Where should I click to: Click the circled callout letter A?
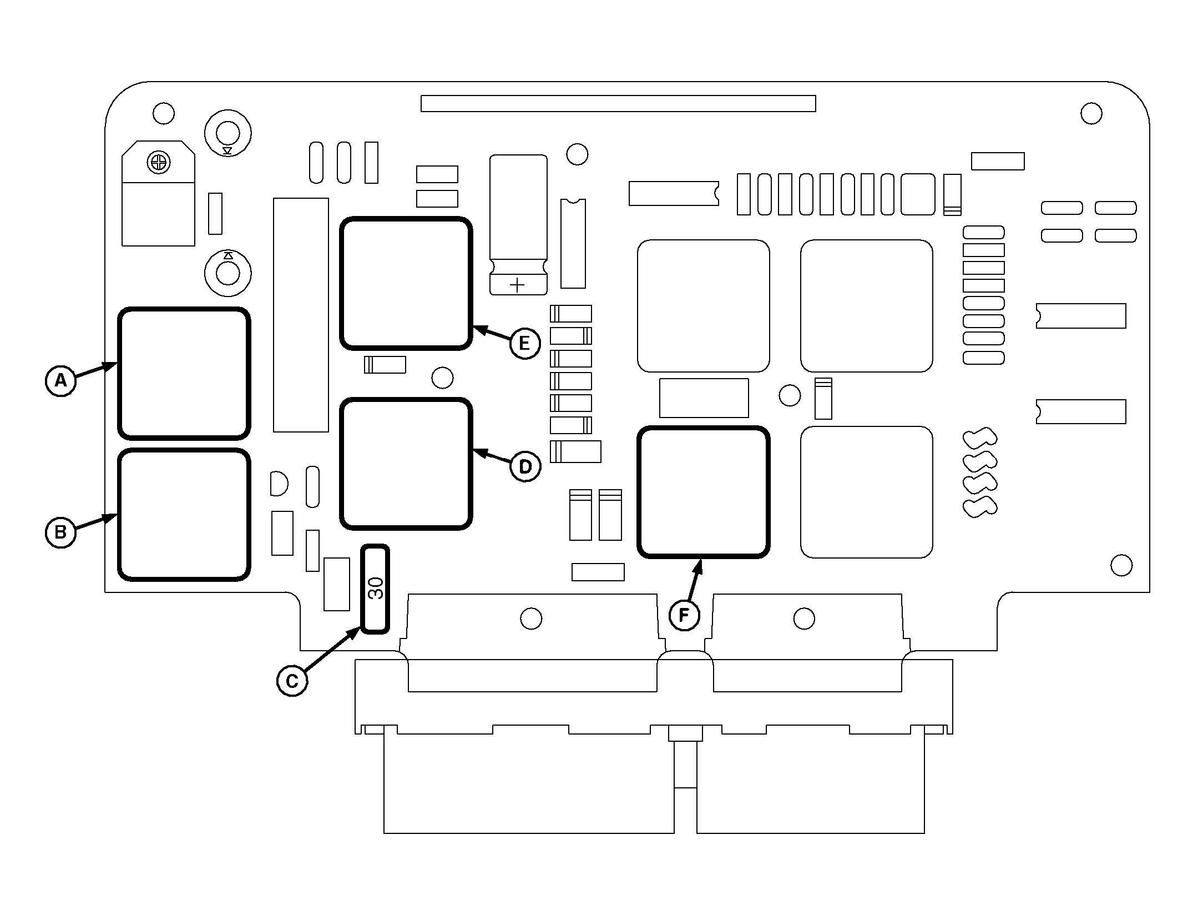click(60, 380)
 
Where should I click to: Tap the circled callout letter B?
click(60, 532)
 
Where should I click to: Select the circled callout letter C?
click(292, 681)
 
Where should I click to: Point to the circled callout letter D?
click(524, 466)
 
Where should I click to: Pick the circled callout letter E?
click(524, 344)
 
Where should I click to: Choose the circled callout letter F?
click(684, 615)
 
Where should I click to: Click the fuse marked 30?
click(376, 589)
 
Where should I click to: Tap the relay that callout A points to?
click(184, 373)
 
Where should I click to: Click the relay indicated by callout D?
click(406, 464)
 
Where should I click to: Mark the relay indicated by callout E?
click(406, 284)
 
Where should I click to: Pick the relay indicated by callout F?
click(704, 492)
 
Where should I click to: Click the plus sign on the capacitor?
click(517, 285)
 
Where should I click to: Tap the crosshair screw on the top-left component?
click(158, 163)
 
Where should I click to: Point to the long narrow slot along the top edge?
click(618, 104)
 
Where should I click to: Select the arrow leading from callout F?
click(696, 583)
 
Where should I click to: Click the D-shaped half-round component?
click(279, 484)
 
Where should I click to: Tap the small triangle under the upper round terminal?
click(228, 150)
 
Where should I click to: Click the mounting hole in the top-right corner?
click(1091, 114)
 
